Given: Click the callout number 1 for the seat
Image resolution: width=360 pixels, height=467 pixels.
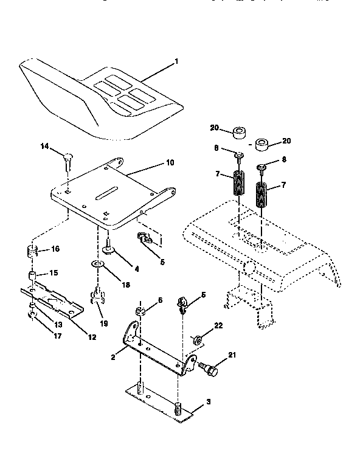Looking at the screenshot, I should [176, 61].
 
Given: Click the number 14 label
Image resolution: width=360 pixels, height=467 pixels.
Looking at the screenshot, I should [44, 146].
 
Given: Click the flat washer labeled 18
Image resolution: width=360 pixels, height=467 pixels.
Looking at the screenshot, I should [97, 263].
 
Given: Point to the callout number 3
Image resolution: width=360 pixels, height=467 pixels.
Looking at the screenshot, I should [209, 403].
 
